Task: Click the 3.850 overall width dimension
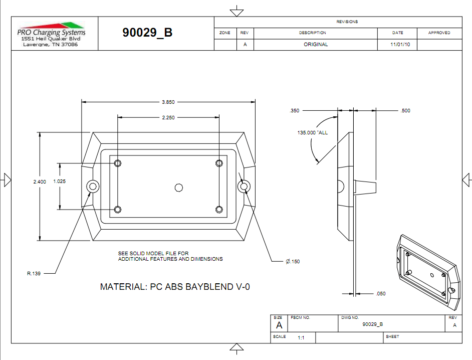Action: coord(168,102)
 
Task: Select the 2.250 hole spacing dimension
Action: coord(168,118)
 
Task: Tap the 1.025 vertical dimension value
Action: coord(60,182)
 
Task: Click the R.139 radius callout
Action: coord(34,274)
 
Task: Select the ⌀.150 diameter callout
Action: coord(293,261)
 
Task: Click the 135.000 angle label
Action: coord(312,133)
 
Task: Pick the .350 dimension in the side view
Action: coord(295,111)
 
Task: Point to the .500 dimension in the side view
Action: coord(405,111)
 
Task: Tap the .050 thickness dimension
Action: coord(381,294)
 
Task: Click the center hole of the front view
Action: coord(178,187)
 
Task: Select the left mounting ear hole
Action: coord(93,186)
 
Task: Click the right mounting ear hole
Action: coord(244,186)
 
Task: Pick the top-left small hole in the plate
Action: coord(118,163)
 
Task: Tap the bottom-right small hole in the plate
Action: coord(218,209)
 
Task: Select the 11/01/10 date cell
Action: coord(397,45)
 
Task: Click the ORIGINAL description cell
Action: coord(316,45)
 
